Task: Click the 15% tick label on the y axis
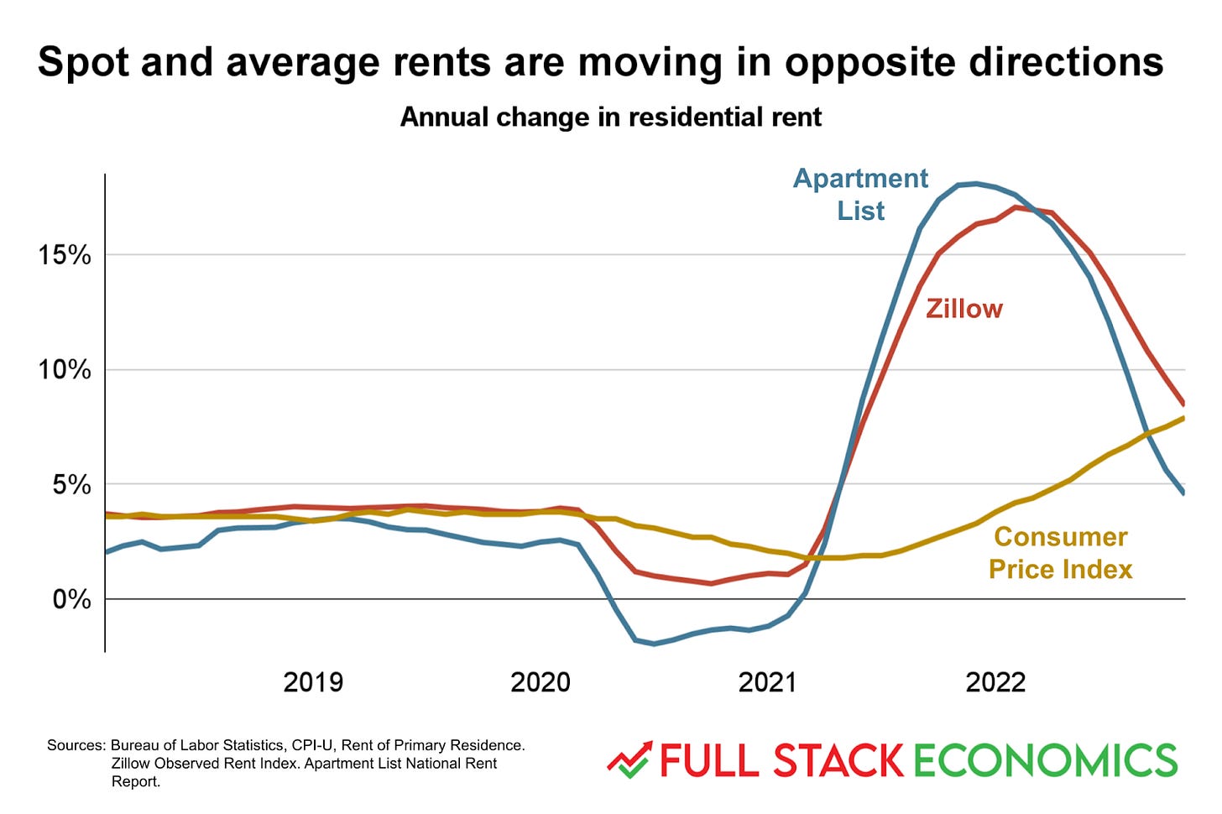coord(64,255)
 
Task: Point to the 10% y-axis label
coord(64,369)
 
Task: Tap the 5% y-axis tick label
coord(70,484)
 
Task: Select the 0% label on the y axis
coord(70,599)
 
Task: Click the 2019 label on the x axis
coord(313,682)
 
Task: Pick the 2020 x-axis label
coord(540,682)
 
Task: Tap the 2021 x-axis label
coord(767,682)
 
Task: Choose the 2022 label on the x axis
coord(995,682)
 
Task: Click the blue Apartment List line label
coord(860,194)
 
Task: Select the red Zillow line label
coord(963,309)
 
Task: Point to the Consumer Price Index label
coord(1060,553)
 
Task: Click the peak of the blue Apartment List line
coord(974,183)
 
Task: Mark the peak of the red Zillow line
coord(1016,206)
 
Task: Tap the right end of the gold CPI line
coord(1183,418)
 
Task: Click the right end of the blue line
coord(1183,493)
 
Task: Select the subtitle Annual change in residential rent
coord(610,117)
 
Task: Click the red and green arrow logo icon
coord(629,759)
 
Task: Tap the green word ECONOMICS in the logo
coord(1045,760)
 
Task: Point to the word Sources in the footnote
coord(76,745)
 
